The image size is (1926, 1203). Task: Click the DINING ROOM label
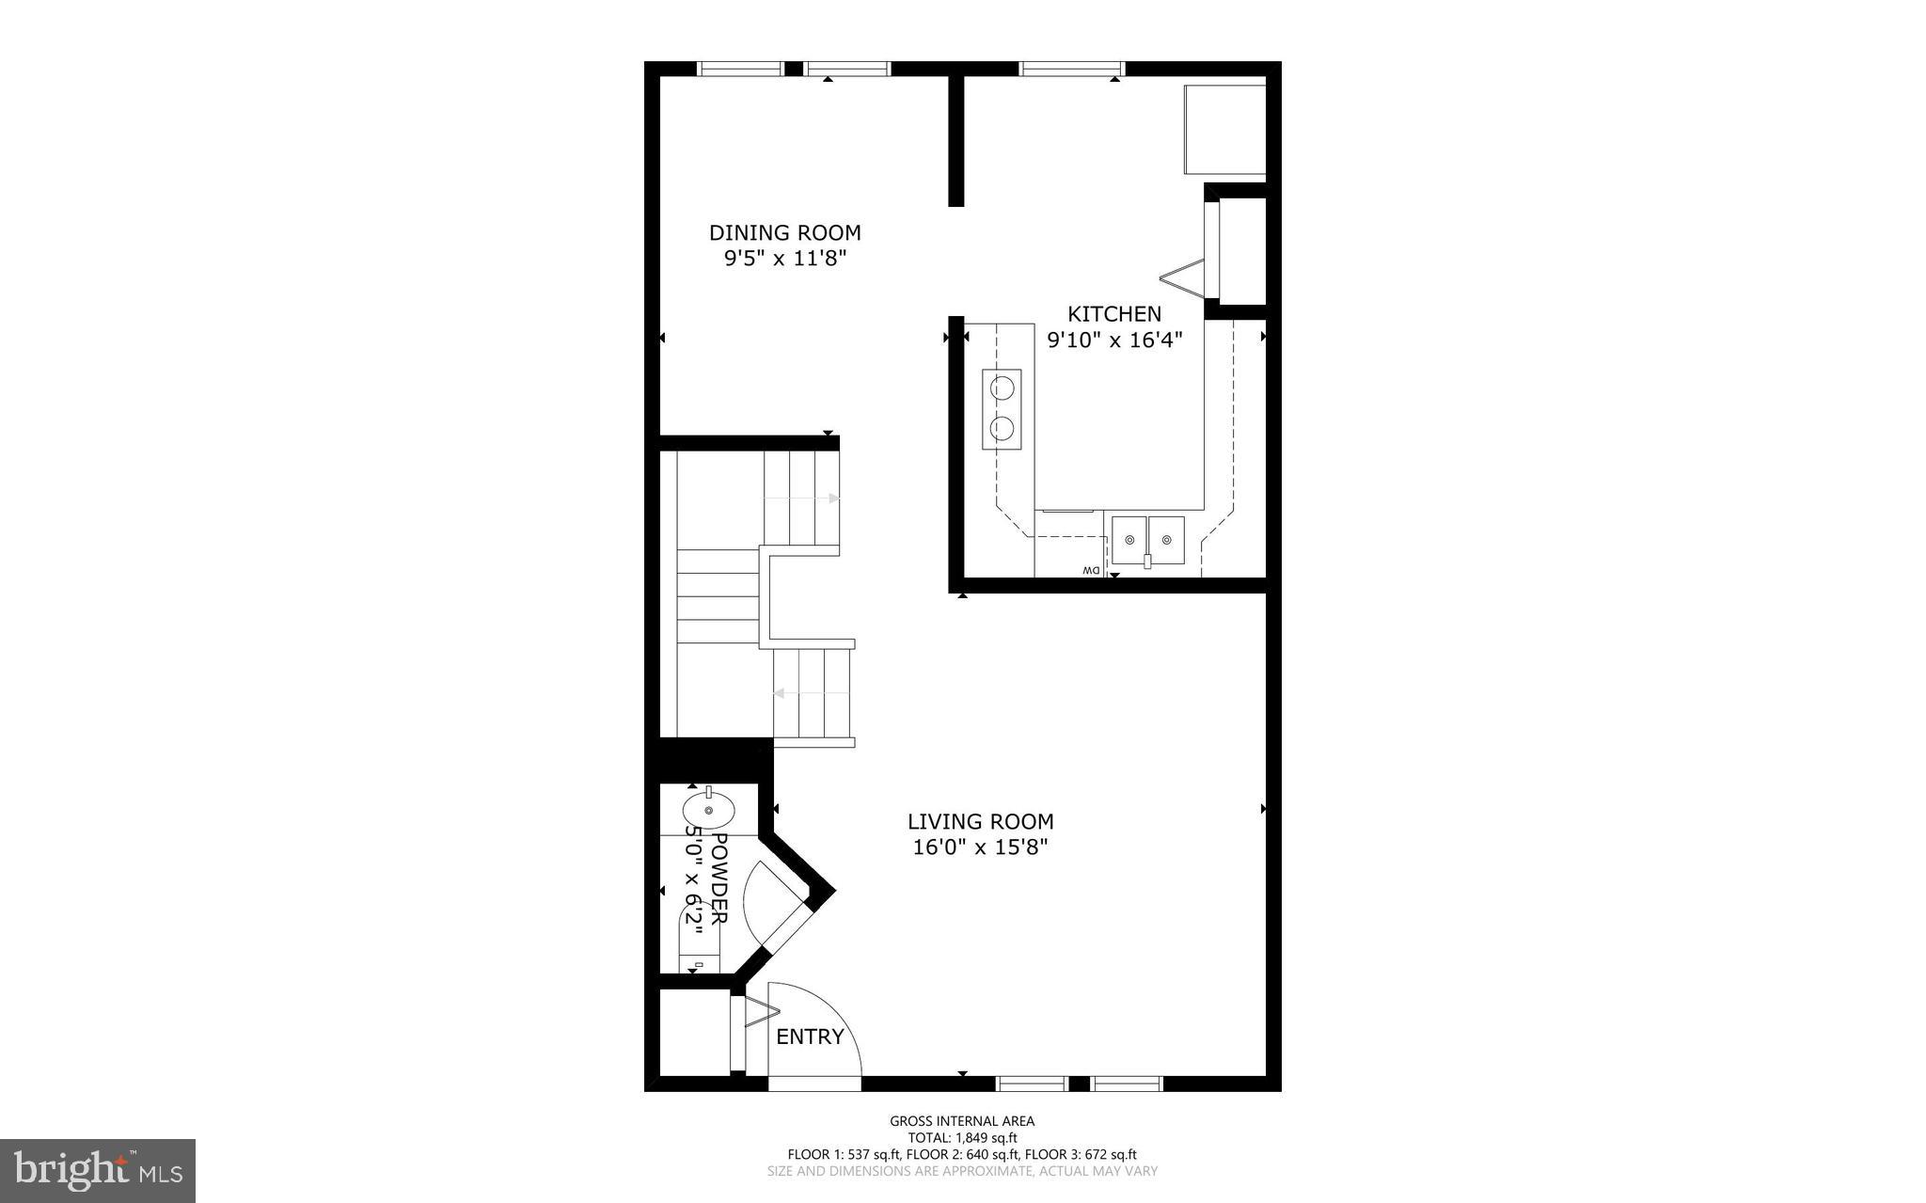(784, 232)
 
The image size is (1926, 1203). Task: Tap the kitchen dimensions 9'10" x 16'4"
(1113, 340)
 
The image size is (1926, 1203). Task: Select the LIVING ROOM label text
(980, 821)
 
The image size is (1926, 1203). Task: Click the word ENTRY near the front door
(810, 1037)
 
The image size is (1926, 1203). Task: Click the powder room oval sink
(708, 809)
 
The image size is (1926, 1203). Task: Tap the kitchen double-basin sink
(1147, 540)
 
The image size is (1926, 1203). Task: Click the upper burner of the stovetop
(1002, 386)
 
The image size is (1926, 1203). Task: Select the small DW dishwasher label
(1090, 571)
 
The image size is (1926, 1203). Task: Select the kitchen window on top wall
(1072, 68)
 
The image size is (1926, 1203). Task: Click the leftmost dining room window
(739, 68)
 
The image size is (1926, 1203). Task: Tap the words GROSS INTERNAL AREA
(962, 1120)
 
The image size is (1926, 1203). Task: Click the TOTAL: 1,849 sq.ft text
(962, 1137)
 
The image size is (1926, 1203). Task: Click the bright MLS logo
(97, 1170)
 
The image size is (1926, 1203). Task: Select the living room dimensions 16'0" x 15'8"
(980, 847)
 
